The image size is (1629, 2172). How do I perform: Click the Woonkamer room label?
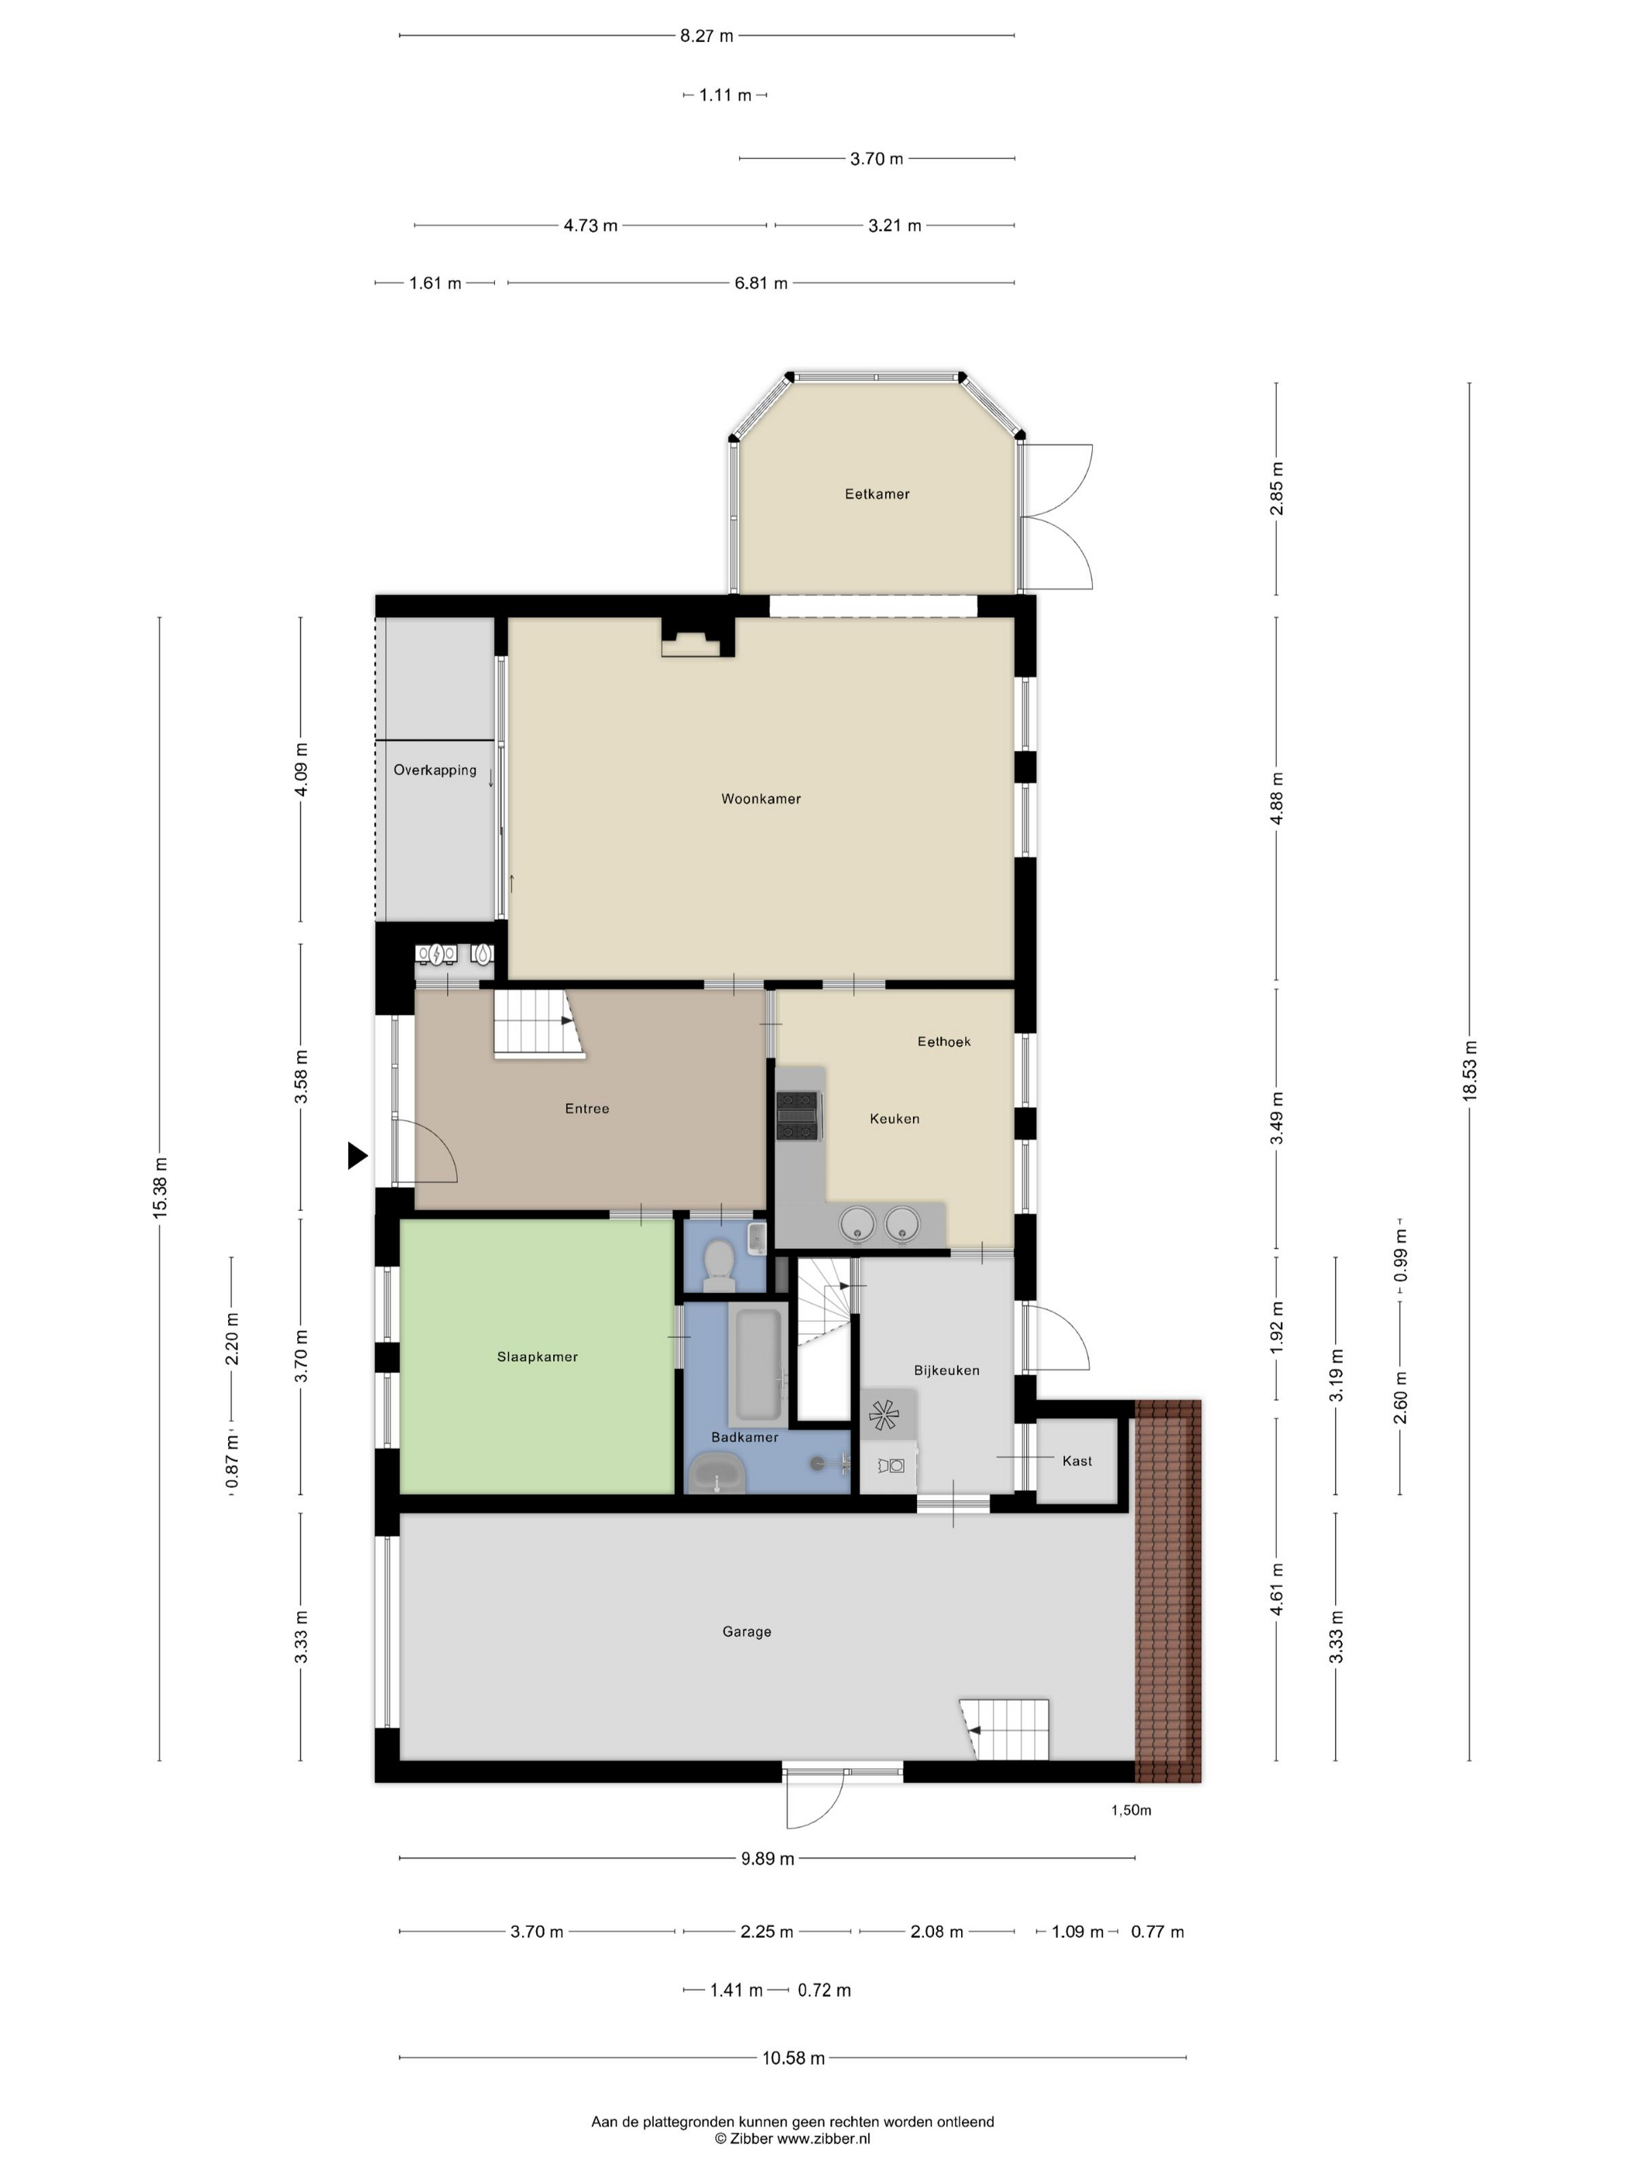pos(761,799)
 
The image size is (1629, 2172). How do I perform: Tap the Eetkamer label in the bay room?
pos(877,494)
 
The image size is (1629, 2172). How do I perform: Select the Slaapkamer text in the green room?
pos(537,1357)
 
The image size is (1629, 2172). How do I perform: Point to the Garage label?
pos(746,1632)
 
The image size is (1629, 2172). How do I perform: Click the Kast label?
pos(1077,1461)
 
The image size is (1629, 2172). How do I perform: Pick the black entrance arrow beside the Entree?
pos(358,1156)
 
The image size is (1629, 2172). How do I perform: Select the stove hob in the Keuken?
pos(798,1116)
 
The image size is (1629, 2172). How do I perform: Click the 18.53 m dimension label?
pos(1469,1070)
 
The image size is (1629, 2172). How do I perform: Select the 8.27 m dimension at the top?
pos(707,36)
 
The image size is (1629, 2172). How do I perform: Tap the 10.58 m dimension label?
pos(794,2058)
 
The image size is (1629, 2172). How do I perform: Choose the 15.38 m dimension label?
pos(160,1188)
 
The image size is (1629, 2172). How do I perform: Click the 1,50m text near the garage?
pos(1131,1811)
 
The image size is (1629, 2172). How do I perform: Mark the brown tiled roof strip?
pos(1168,1591)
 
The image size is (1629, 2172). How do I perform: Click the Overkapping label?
pos(435,770)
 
